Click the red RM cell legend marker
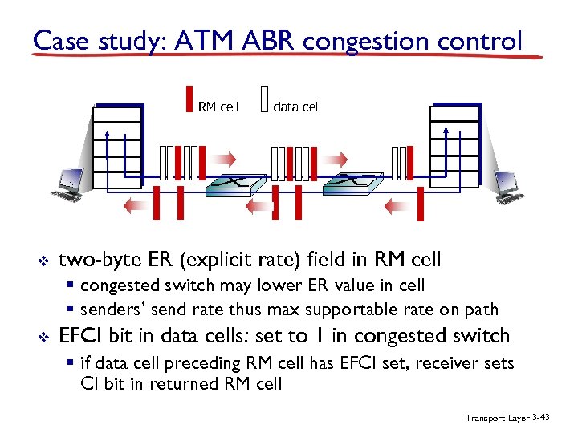[189, 99]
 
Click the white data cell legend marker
[265, 99]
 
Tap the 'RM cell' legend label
[218, 107]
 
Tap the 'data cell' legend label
[297, 107]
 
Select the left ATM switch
[232, 185]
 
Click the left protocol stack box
[116, 144]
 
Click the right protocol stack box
[454, 144]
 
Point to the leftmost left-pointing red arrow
[136, 206]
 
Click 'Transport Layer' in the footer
[495, 419]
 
